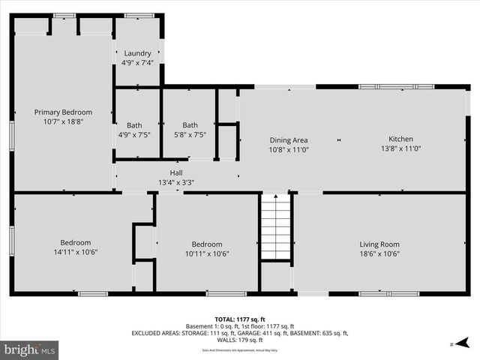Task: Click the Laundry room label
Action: coord(137,53)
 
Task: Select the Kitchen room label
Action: coord(400,139)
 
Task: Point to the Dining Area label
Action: coord(289,139)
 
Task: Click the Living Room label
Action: coord(379,244)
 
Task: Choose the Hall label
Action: coord(176,172)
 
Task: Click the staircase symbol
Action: coord(275,226)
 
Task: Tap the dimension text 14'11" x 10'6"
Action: coord(76,253)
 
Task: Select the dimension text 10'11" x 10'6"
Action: coord(206,253)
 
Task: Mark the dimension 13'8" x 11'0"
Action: coord(400,149)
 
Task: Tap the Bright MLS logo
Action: coord(30,349)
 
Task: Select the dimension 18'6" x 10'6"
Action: coord(379,253)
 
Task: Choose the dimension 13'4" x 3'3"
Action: coord(176,182)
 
